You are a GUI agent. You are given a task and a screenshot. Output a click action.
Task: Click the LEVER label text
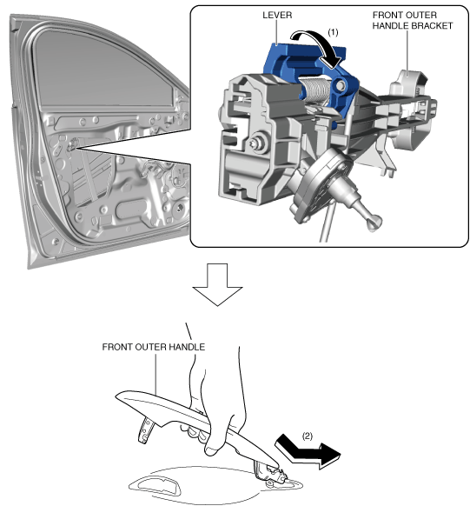(277, 15)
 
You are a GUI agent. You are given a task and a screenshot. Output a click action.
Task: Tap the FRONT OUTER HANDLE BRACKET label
(413, 20)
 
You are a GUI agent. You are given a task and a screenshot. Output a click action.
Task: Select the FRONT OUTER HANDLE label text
(154, 347)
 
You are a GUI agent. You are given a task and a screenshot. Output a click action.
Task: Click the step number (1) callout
(333, 32)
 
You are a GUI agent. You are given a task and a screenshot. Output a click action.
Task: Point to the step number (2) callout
(308, 436)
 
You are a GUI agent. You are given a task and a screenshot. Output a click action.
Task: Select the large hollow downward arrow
(217, 284)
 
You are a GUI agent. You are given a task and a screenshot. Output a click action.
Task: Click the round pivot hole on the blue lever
(341, 85)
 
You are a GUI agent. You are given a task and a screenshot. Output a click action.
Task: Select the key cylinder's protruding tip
(374, 223)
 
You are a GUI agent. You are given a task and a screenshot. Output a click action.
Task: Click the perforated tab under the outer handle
(145, 429)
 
